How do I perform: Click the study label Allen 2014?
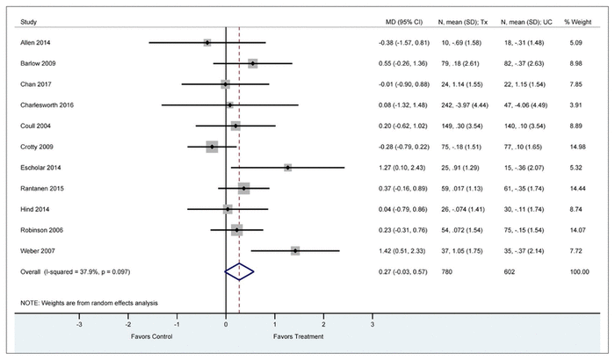click(34, 42)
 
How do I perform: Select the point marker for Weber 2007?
click(295, 251)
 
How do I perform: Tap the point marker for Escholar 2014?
click(287, 168)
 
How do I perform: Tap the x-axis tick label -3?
click(80, 325)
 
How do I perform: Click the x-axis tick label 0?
click(227, 325)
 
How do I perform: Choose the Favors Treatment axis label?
click(299, 336)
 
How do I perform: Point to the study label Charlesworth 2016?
click(48, 104)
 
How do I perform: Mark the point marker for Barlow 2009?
click(253, 63)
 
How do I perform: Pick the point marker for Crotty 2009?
click(212, 147)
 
